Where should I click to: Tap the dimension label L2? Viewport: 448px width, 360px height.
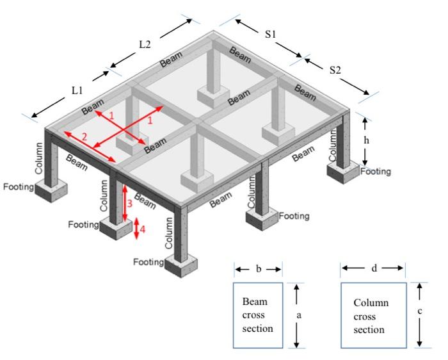tap(145, 44)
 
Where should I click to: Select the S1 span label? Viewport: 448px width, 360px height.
tap(271, 35)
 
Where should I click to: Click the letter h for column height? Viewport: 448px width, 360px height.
tap(366, 140)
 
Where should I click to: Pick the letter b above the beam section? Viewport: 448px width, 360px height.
tap(258, 269)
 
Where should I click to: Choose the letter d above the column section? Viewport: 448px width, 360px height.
tap(374, 268)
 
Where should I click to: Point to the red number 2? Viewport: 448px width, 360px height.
tap(84, 136)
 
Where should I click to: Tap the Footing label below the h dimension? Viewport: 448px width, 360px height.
tap(375, 172)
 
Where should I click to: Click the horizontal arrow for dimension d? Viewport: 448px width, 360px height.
tap(373, 269)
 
